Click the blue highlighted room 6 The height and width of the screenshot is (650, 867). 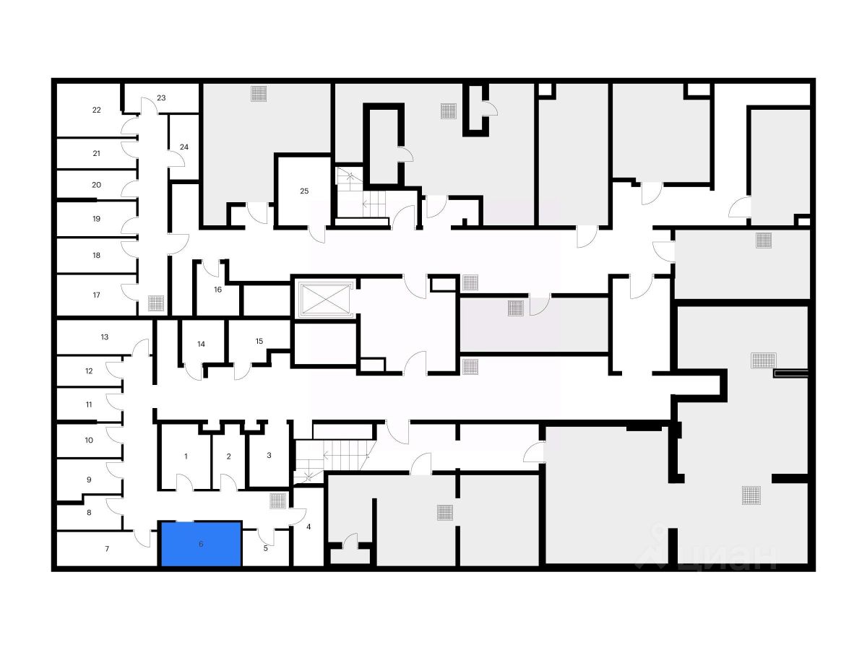(x=201, y=544)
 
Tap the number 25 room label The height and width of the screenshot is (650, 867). (x=304, y=191)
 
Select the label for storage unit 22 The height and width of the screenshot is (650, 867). (x=97, y=110)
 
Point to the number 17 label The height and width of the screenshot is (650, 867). (x=97, y=295)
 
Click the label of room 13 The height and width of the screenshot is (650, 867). (x=105, y=337)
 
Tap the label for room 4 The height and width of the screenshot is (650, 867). (x=309, y=526)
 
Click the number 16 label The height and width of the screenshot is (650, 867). (x=218, y=290)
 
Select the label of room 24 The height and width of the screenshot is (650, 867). (x=184, y=147)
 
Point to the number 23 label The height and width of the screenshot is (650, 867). (x=161, y=97)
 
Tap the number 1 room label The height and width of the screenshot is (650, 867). (x=186, y=456)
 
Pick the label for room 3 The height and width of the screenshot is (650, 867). (x=269, y=456)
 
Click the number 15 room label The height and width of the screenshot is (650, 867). (x=259, y=341)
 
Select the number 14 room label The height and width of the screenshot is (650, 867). (x=202, y=344)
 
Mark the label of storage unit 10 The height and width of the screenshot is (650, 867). (x=89, y=440)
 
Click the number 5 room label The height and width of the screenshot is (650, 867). (x=265, y=548)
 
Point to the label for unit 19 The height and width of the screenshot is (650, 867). (x=96, y=219)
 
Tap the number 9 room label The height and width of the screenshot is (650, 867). (x=89, y=480)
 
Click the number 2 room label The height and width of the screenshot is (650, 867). (x=228, y=456)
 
